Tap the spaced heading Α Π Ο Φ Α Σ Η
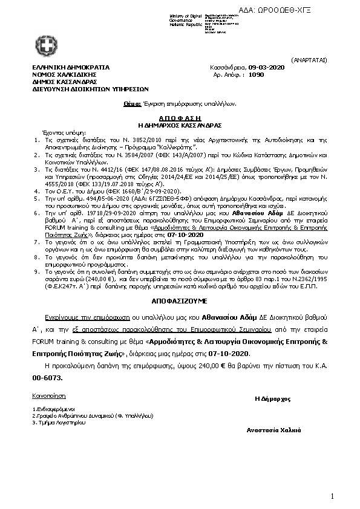[x=179, y=119]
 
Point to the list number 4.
[x=38, y=173]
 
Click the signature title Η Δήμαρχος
[x=273, y=399]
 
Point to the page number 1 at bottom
[x=332, y=496]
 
